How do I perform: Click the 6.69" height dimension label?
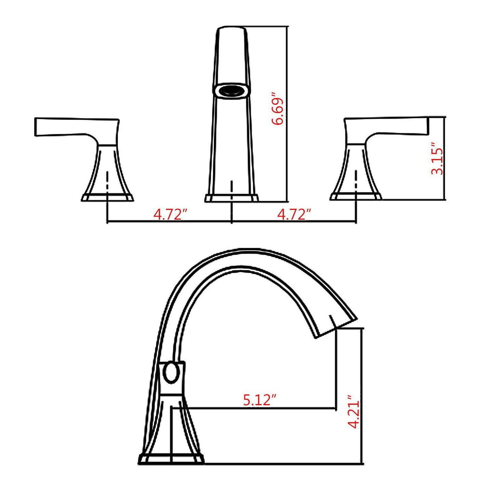pyautogui.click(x=277, y=108)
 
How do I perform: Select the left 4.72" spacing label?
pyautogui.click(x=171, y=215)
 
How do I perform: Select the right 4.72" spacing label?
pyautogui.click(x=294, y=215)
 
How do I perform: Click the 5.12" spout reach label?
pyautogui.click(x=259, y=400)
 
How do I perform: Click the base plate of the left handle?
pyautogui.click(x=107, y=198)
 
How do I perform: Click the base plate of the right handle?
pyautogui.click(x=356, y=197)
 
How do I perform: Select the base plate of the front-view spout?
pyautogui.click(x=232, y=198)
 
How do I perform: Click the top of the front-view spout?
pyautogui.click(x=231, y=29)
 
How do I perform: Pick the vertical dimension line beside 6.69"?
pyautogui.click(x=287, y=113)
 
